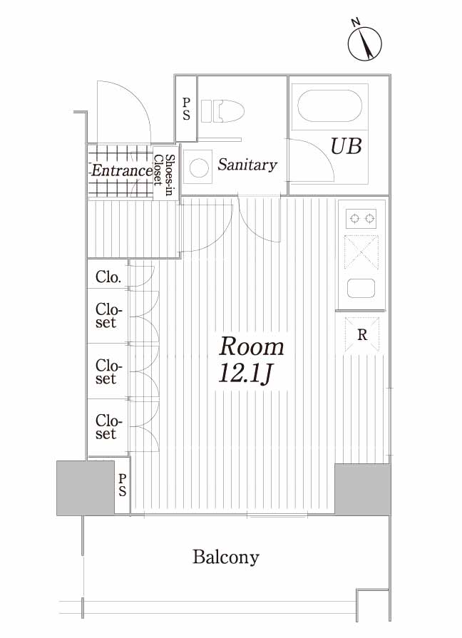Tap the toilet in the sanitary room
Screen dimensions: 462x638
[x=222, y=111]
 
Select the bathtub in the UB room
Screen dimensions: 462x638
[x=329, y=106]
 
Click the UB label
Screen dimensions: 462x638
[x=346, y=146]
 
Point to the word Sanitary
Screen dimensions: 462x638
[x=247, y=165]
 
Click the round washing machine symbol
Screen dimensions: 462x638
[x=199, y=168]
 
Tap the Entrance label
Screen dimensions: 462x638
[x=121, y=170]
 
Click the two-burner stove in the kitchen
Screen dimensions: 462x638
[x=361, y=219]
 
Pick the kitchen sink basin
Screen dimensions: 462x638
[x=361, y=288]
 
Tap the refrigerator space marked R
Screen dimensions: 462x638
[x=362, y=334]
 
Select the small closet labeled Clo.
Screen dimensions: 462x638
[x=108, y=277]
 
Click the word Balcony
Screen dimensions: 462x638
[x=226, y=557]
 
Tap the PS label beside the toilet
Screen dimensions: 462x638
[x=186, y=109]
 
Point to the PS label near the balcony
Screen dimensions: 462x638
[x=122, y=485]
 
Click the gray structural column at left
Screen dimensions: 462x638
[x=86, y=488]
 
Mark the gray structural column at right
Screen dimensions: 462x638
[x=363, y=489]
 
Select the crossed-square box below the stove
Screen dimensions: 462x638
[x=361, y=252]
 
